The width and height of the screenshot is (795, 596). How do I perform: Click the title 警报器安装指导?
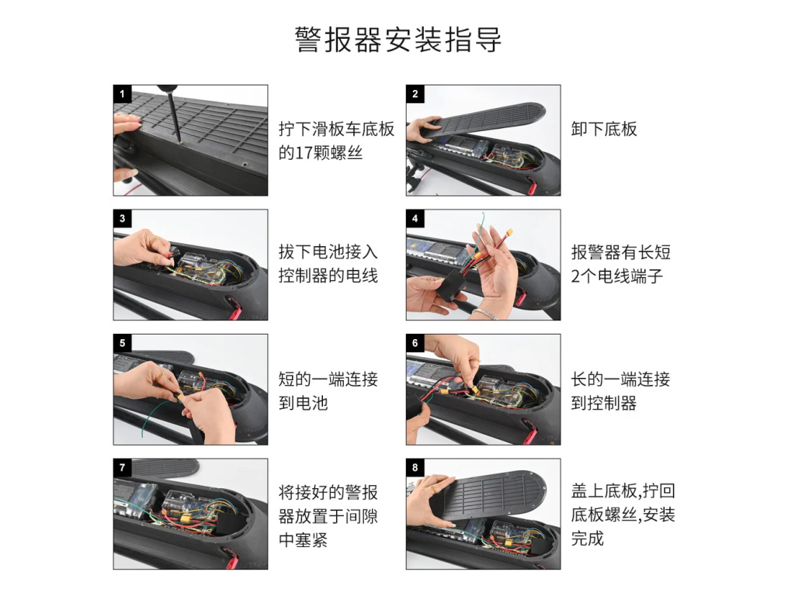click(x=398, y=40)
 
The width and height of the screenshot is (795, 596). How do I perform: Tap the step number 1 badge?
click(x=122, y=94)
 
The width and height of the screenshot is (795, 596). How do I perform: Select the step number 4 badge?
click(x=415, y=218)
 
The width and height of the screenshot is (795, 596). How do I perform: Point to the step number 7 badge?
click(x=122, y=467)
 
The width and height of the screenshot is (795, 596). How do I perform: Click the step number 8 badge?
click(x=415, y=467)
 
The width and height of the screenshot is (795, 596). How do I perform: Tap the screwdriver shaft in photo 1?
click(x=173, y=116)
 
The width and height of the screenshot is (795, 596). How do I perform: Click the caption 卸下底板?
click(x=604, y=129)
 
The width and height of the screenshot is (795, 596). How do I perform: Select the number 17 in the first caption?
click(x=304, y=153)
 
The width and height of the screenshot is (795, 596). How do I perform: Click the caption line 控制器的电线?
click(x=328, y=275)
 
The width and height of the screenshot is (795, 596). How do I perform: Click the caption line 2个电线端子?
click(x=617, y=275)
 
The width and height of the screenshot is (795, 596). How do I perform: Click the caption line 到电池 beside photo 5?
click(x=304, y=403)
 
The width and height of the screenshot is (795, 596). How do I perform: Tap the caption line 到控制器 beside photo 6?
click(x=604, y=403)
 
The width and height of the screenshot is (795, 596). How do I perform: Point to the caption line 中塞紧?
click(x=304, y=540)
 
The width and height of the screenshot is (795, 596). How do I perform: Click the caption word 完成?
click(x=588, y=538)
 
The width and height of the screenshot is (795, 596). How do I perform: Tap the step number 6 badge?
click(x=415, y=343)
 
